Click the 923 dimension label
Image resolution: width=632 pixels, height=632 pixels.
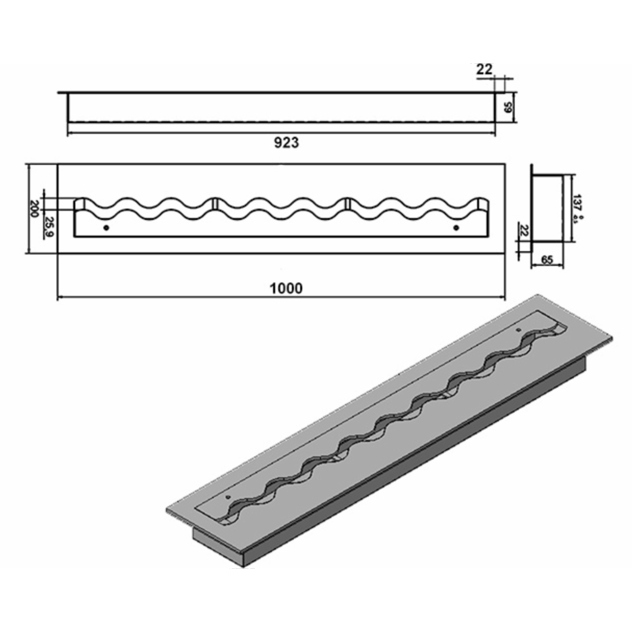coord(287,143)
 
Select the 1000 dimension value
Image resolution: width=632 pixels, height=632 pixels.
coord(286,288)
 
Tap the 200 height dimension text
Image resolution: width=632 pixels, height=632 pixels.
coord(35,209)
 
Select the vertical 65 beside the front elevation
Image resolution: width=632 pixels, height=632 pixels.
coord(508,108)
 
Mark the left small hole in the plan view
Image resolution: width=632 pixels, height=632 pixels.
coord(106,228)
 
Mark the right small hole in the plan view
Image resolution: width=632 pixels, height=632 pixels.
coord(456,228)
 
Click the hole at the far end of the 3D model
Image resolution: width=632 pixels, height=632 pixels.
coord(518,330)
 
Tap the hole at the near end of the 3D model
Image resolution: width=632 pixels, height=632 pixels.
coord(228,497)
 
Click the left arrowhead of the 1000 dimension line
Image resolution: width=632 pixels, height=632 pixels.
coord(60,298)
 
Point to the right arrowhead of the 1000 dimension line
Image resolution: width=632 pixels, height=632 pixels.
coord(502,298)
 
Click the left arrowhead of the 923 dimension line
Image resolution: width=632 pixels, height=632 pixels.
coord(71,133)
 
